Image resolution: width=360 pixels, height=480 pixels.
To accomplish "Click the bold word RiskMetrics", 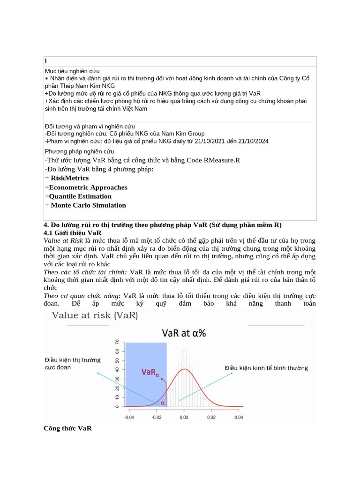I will [x=69, y=178].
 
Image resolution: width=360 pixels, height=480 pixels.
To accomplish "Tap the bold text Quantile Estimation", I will [x=80, y=196].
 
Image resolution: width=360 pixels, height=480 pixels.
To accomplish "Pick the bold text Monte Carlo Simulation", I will [x=88, y=205].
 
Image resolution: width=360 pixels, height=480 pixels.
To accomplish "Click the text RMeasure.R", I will [x=221, y=160].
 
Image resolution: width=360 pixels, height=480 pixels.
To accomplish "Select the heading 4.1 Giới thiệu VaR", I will [x=72, y=233].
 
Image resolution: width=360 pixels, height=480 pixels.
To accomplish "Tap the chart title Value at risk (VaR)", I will [x=95, y=315].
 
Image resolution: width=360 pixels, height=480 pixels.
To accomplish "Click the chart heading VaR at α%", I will [x=184, y=333].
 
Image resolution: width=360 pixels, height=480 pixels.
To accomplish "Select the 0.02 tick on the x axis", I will [x=211, y=416].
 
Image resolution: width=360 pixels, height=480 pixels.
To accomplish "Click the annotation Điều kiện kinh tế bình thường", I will [x=266, y=368].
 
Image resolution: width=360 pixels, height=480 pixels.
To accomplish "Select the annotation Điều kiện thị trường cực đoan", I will [x=73, y=364].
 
